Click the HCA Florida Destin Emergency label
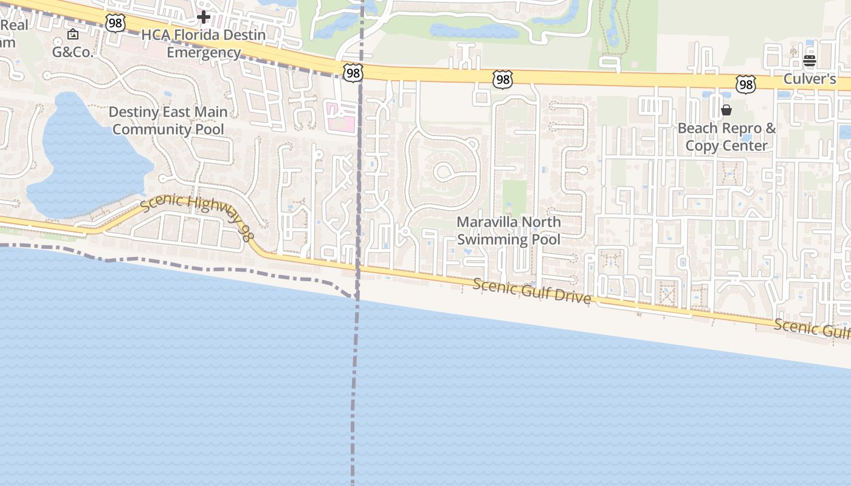click(204, 44)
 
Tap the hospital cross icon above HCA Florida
click(204, 17)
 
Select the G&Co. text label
click(72, 52)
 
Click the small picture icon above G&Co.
click(73, 34)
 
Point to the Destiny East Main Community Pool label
click(168, 120)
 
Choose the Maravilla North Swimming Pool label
click(509, 231)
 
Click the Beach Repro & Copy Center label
click(726, 137)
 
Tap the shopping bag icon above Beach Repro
click(726, 110)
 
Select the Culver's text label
click(810, 78)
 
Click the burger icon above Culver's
click(809, 60)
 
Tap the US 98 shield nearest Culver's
click(746, 84)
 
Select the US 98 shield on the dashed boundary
click(353, 74)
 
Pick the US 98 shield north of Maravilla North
click(503, 79)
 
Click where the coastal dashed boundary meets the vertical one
click(356, 297)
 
